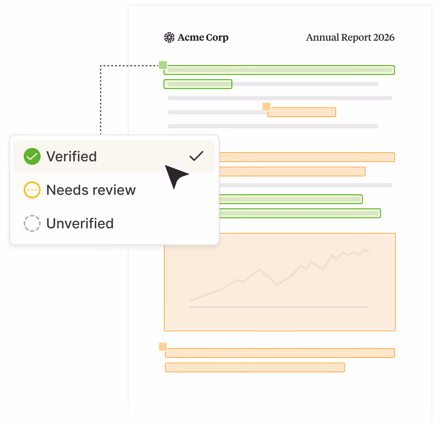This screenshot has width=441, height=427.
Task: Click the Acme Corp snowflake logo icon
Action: click(169, 38)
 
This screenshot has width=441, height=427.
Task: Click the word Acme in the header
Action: click(191, 38)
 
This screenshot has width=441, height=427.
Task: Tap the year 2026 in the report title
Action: click(384, 38)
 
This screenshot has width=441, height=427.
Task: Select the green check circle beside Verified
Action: click(32, 156)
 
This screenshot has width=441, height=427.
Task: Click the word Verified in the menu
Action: click(72, 156)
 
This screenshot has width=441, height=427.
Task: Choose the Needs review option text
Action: click(91, 190)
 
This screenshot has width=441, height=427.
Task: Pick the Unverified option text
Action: click(80, 223)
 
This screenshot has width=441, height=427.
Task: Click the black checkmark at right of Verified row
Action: click(196, 156)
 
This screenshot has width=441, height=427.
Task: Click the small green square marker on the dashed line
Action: click(163, 65)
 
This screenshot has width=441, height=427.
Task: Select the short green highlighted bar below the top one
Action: click(198, 84)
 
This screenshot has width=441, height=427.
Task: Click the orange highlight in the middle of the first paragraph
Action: click(302, 112)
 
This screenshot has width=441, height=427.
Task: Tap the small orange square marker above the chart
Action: click(266, 107)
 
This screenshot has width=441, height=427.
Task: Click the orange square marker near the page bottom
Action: click(163, 347)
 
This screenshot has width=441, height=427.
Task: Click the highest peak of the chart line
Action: click(365, 249)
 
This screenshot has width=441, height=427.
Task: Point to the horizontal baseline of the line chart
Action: click(279, 307)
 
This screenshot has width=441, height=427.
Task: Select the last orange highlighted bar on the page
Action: click(255, 367)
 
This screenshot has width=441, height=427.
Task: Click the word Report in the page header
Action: click(356, 38)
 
